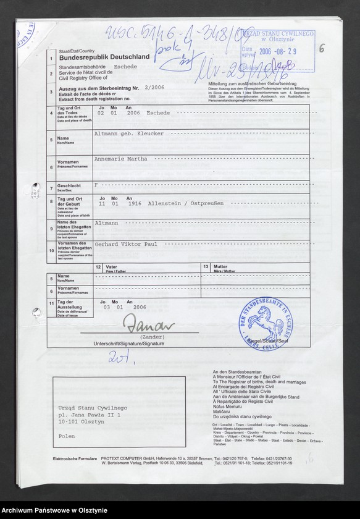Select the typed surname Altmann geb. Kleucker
[128, 133]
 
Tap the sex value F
[96, 185]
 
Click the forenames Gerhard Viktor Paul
[125, 244]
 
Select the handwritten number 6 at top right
[322, 49]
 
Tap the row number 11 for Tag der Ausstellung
[50, 304]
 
